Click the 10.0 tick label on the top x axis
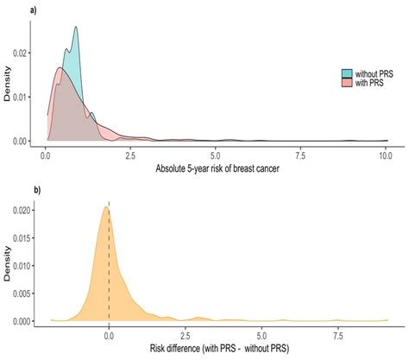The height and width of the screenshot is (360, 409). point(385,153)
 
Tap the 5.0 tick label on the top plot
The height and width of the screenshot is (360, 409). point(215,153)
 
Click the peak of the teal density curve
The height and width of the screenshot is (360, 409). point(76,27)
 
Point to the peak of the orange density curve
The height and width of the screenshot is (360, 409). point(107,206)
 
